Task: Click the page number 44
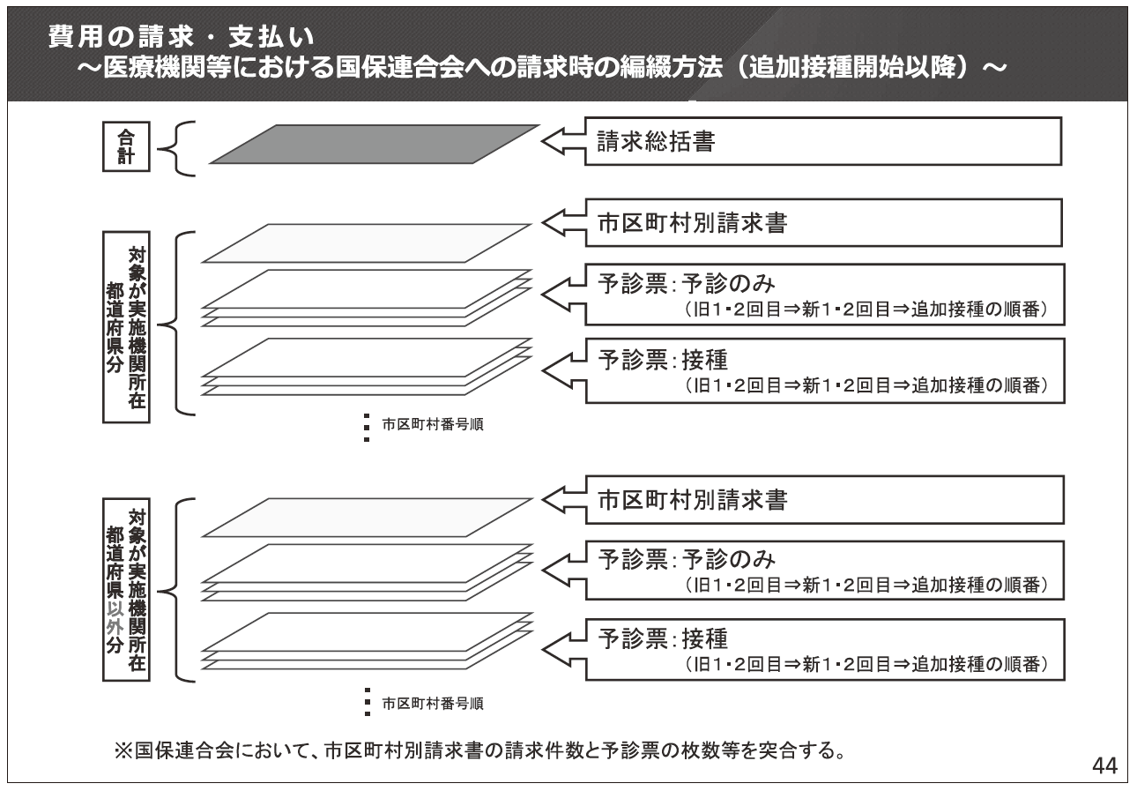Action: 1104,765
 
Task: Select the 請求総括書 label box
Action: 823,141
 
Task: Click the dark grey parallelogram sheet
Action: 375,145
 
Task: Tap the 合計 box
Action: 126,146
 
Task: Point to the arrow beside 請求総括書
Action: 563,141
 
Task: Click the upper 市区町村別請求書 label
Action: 692,223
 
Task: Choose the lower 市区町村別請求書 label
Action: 693,500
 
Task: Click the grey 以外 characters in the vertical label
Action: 115,618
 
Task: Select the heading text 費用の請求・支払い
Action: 182,36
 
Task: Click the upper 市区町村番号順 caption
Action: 433,424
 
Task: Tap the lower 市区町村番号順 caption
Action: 433,704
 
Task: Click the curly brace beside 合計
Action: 175,149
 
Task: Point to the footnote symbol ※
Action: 123,750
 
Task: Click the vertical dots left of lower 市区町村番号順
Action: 367,701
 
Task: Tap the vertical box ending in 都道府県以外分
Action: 126,589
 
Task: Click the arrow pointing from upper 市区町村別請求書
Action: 563,222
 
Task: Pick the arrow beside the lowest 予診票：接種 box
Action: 564,649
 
